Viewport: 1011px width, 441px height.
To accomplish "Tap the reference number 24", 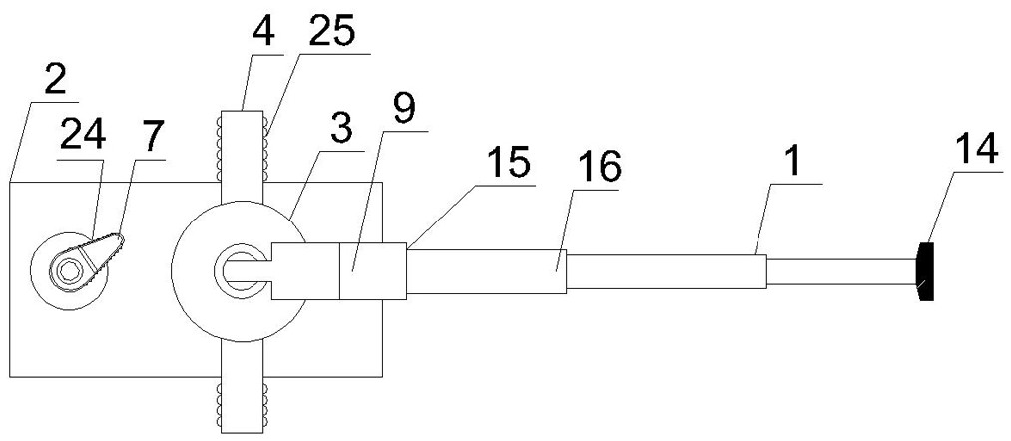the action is (x=81, y=135).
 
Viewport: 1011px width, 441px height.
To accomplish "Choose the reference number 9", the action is (x=403, y=110).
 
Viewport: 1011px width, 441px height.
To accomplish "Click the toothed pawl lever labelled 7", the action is (x=101, y=256).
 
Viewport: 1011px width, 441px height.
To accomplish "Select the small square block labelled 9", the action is (x=373, y=270).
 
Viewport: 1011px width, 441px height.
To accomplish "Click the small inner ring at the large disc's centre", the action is (x=240, y=270).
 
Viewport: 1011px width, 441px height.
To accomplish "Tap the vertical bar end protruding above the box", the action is (x=243, y=146).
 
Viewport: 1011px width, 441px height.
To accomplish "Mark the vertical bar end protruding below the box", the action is (x=243, y=405).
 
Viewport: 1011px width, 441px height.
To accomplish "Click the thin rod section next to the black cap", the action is (x=840, y=272).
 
